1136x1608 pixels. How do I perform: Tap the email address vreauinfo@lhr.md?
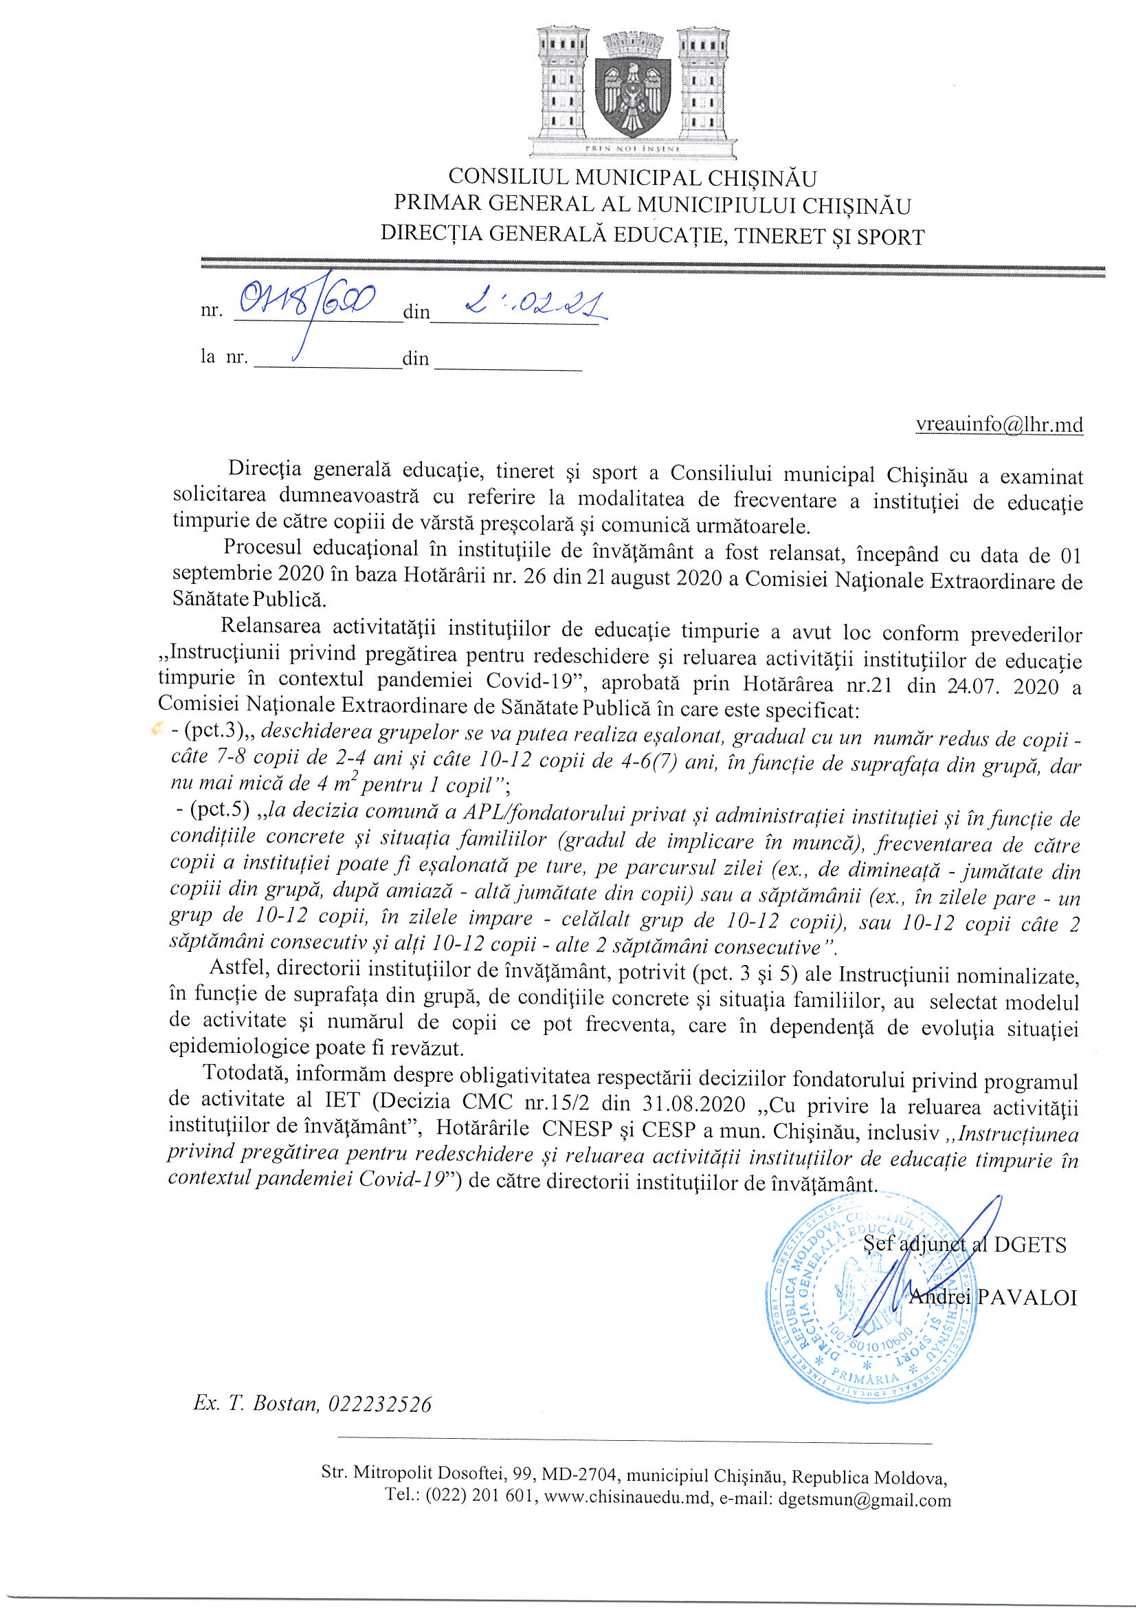[999, 425]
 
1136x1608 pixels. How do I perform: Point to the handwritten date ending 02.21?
[535, 305]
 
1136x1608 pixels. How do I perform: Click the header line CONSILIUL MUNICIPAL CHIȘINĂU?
[632, 178]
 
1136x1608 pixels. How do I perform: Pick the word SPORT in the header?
[889, 237]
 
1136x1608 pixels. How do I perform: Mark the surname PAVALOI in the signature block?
[1026, 1298]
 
